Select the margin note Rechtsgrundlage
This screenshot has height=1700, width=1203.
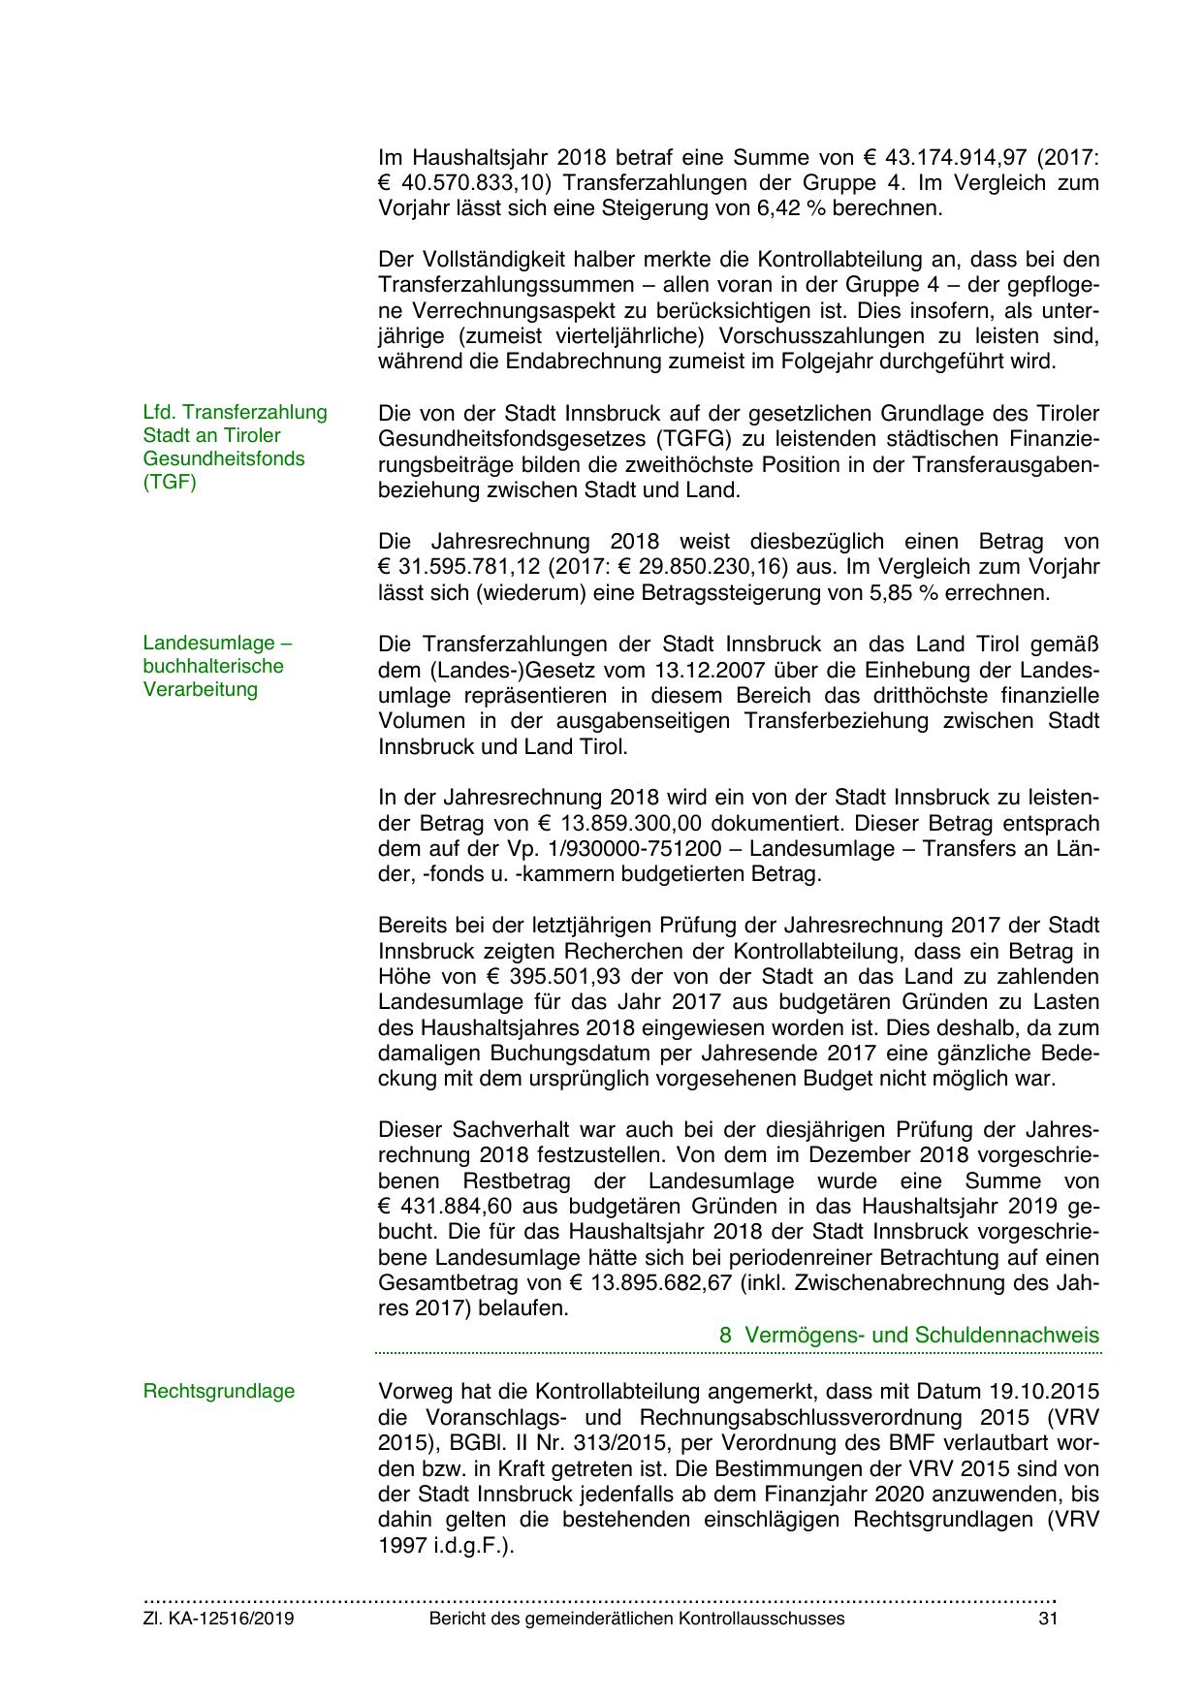click(x=219, y=1392)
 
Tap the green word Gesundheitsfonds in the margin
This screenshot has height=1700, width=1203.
click(x=225, y=458)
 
